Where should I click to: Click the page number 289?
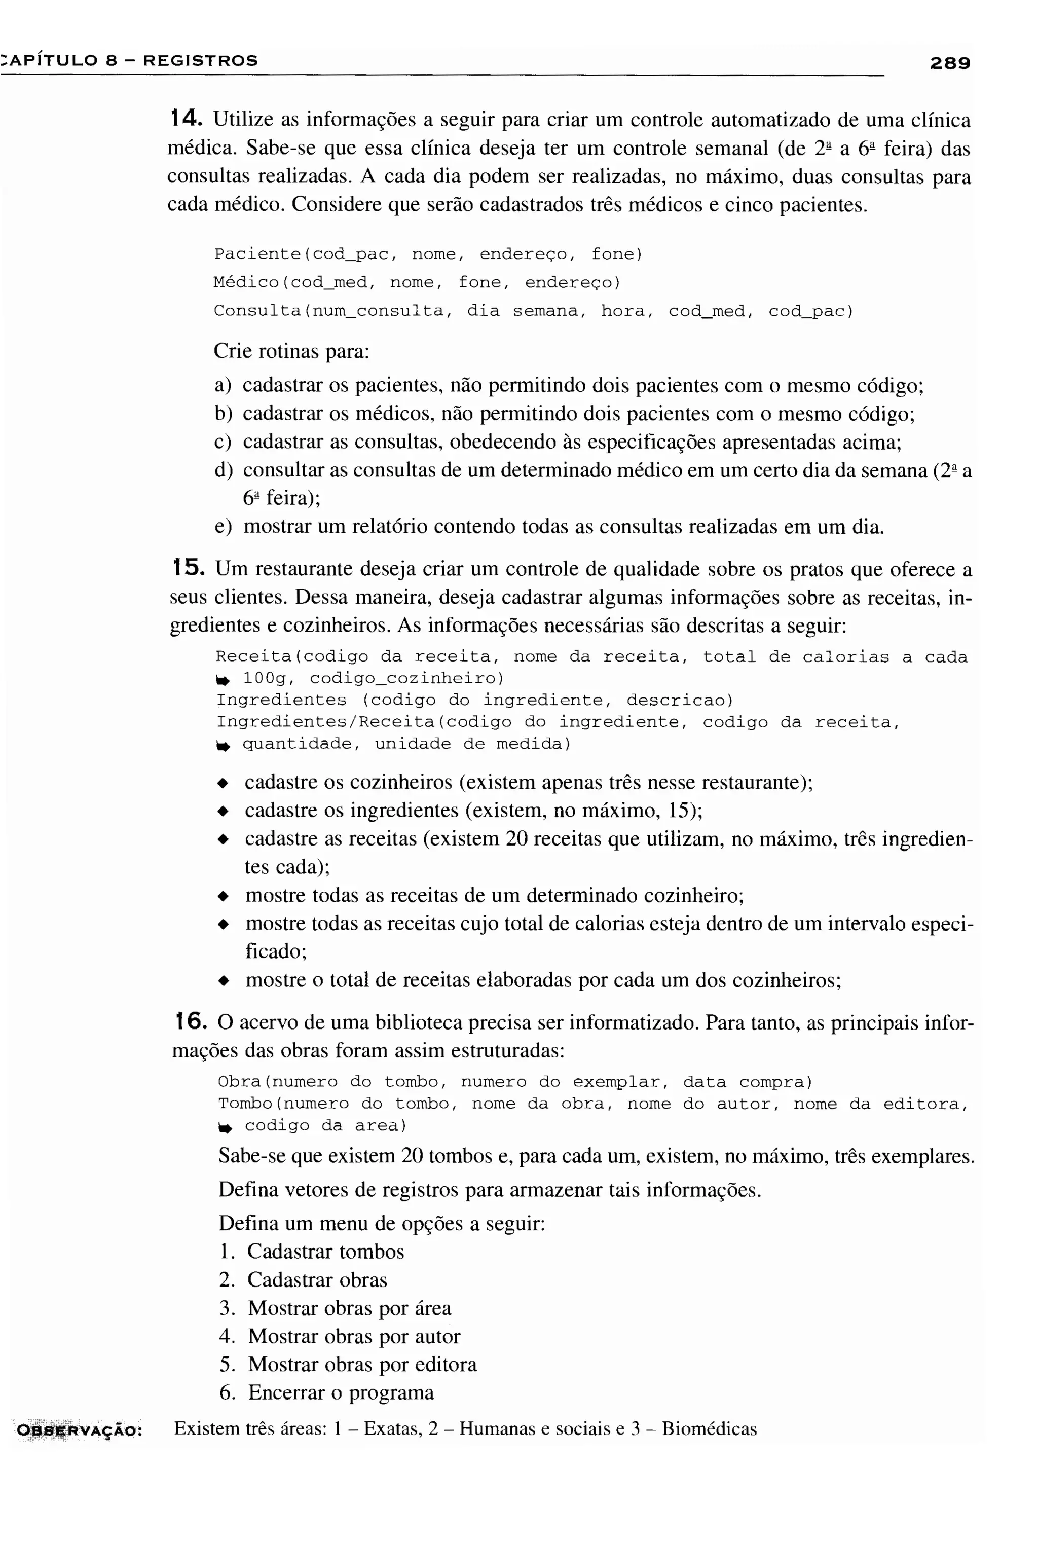point(949,63)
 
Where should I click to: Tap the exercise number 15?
point(186,567)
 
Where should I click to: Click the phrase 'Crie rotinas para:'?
point(291,351)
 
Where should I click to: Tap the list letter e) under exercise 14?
point(223,526)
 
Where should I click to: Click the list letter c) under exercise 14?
point(223,442)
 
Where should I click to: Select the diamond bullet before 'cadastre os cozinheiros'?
point(223,783)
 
